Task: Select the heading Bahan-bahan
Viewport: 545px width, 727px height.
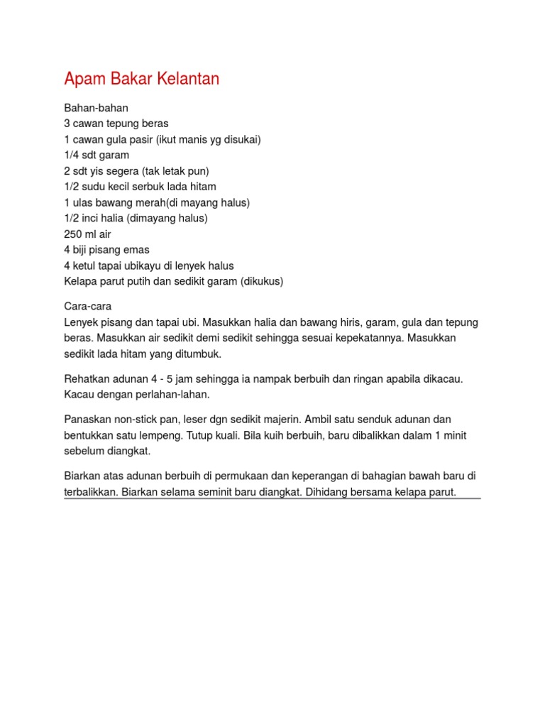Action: click(96, 108)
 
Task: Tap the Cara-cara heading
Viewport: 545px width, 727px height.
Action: click(88, 307)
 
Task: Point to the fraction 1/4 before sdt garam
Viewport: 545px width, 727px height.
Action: click(72, 155)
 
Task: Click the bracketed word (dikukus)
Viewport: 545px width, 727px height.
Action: click(262, 281)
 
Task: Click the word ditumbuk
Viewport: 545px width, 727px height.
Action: click(201, 354)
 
